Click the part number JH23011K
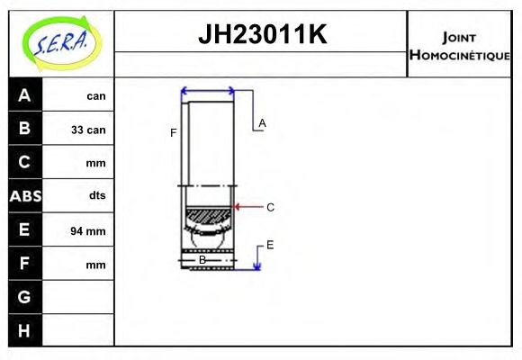261,35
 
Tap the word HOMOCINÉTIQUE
460,55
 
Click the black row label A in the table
24,95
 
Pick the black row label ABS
24,196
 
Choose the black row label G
24,297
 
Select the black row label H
24,330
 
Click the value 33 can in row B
88,130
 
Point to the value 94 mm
88,231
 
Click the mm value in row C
95,164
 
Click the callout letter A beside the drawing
262,122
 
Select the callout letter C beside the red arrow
270,207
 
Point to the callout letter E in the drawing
269,245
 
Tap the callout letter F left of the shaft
174,133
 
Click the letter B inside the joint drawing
202,260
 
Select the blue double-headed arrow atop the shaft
208,90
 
